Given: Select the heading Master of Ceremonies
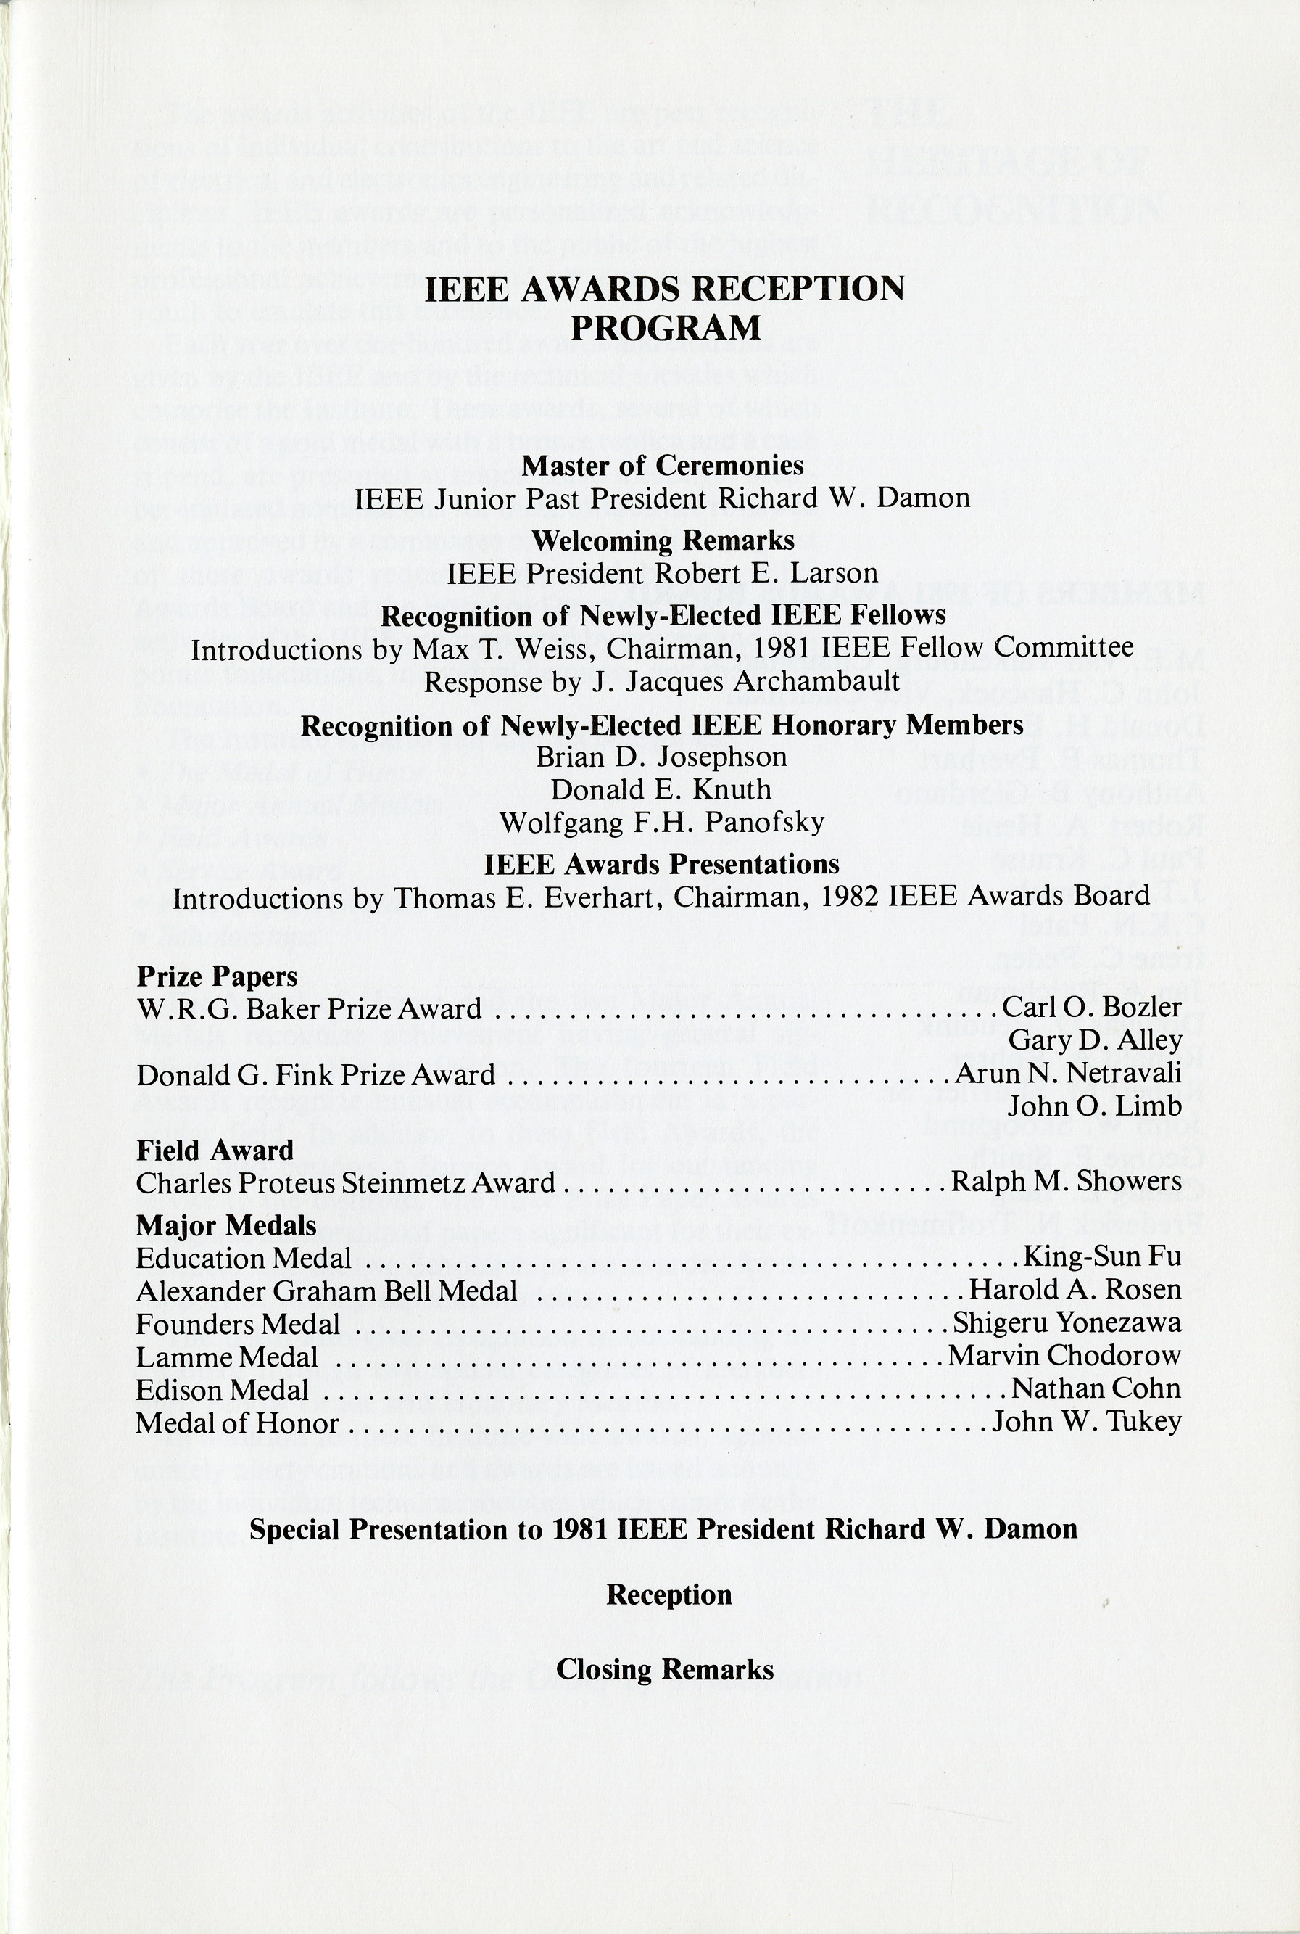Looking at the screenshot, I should coord(663,465).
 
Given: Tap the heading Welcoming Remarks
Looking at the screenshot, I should coord(663,540).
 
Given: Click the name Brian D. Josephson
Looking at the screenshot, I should coord(662,757).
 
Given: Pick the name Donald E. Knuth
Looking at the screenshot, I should coord(662,789).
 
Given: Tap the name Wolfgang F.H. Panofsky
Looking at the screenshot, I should coord(662,822).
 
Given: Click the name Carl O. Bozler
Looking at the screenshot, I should coord(1091,1007).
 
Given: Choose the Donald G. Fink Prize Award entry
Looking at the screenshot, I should coord(315,1075).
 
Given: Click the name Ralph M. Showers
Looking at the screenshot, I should coord(1067,1181).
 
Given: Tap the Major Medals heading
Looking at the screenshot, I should coord(225,1225).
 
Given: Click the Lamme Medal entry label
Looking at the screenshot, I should coord(226,1357).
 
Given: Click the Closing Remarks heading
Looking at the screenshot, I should coord(665,1668).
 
